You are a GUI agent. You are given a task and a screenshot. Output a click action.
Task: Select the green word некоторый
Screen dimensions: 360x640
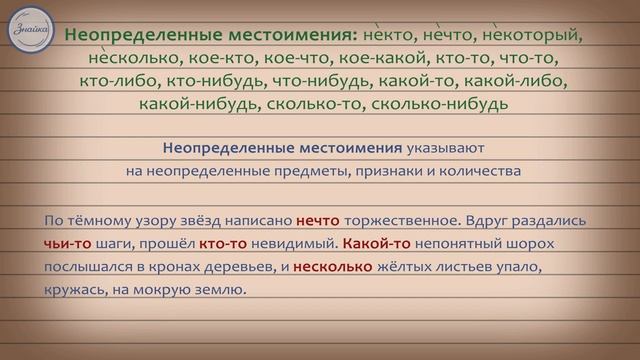tap(533, 34)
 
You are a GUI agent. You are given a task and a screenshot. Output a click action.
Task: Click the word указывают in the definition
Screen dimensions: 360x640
tap(452, 148)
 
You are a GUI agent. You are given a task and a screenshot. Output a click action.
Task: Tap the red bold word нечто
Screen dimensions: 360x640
tap(318, 220)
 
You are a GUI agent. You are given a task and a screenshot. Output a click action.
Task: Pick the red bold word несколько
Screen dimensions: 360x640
tap(333, 267)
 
